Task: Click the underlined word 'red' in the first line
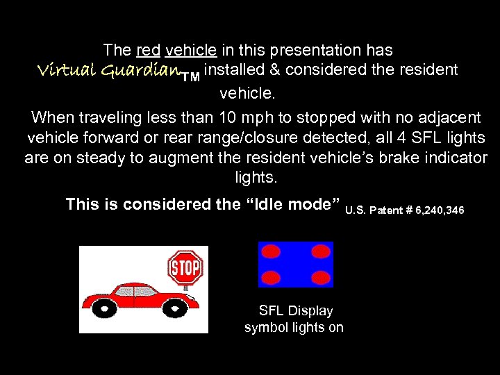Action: click(x=149, y=50)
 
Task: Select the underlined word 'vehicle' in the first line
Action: click(x=191, y=50)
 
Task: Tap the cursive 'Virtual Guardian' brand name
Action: click(x=107, y=71)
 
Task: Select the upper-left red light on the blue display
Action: click(x=271, y=250)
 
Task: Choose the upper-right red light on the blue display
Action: click(x=320, y=250)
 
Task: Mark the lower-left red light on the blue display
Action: click(x=271, y=277)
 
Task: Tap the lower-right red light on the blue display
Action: click(x=320, y=277)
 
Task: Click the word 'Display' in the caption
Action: click(x=309, y=311)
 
